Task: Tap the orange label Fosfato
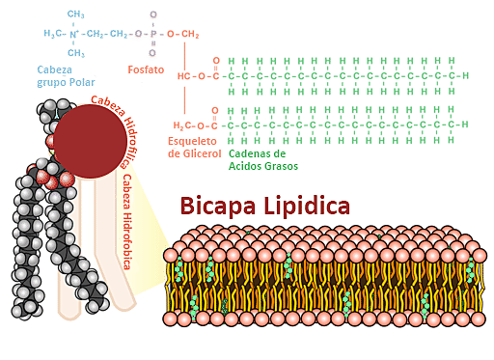147,70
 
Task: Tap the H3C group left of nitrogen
53,34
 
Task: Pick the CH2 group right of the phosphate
189,34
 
